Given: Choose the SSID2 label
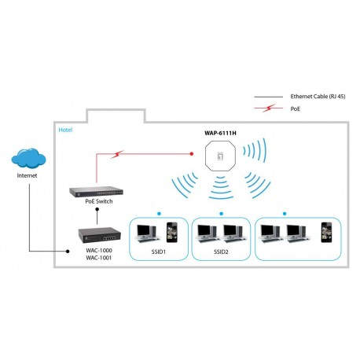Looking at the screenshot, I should tap(219, 252).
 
